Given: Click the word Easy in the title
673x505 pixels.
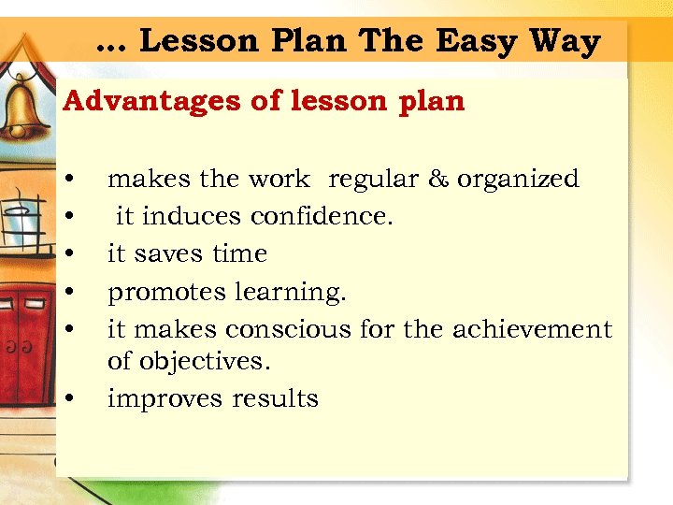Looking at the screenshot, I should tap(474, 42).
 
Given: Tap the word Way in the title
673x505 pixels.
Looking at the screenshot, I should tap(564, 42).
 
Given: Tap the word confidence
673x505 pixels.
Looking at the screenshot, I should tap(321, 217).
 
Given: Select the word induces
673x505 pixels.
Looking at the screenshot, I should tap(191, 217).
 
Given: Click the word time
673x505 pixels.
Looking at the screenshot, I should tap(240, 254).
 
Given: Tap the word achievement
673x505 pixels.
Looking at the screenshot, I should tap(532, 330).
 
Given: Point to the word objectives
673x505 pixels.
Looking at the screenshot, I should tap(193, 361).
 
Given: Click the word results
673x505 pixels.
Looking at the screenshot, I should tap(275, 399).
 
